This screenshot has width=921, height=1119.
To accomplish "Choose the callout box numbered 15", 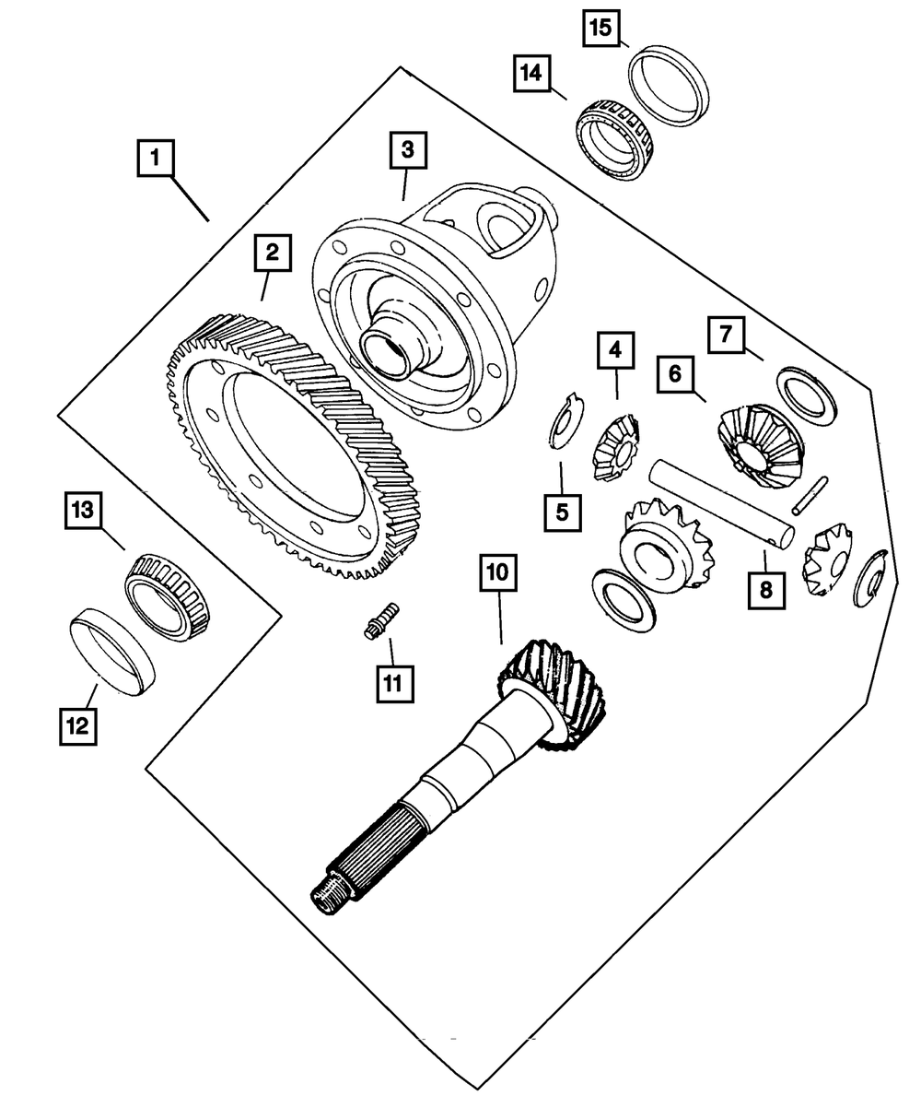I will pyautogui.click(x=600, y=28).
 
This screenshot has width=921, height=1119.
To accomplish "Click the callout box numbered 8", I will pyautogui.click(x=766, y=588).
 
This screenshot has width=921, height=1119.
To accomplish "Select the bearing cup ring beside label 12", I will pyautogui.click(x=111, y=650).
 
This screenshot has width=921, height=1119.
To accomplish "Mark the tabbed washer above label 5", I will pyautogui.click(x=559, y=422).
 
